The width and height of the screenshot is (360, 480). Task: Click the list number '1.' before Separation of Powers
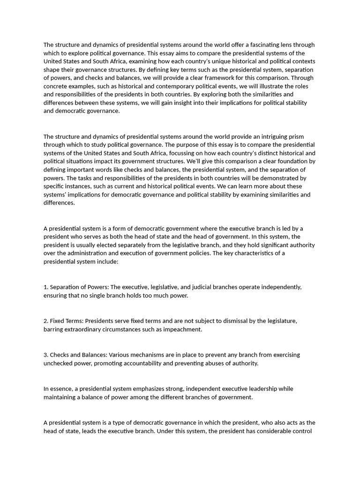[46, 287]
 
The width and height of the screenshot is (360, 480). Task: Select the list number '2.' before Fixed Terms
[46, 321]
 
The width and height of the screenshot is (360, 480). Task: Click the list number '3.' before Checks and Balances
[46, 355]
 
